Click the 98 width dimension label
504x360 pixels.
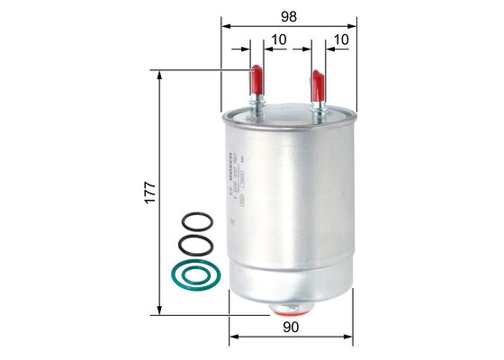pyautogui.click(x=287, y=16)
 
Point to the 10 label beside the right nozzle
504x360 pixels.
pyautogui.click(x=340, y=41)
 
